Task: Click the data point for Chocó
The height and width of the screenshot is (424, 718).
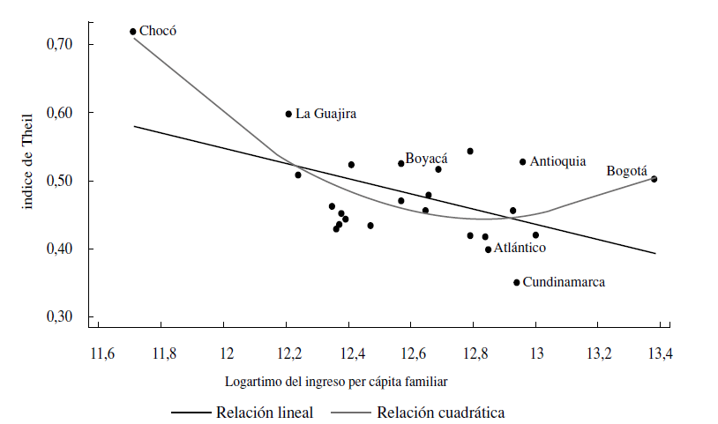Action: click(x=133, y=32)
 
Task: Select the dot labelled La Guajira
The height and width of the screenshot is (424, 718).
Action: click(x=288, y=114)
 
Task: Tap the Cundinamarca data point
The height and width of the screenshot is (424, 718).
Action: click(x=517, y=282)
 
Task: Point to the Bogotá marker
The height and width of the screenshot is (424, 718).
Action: click(x=654, y=179)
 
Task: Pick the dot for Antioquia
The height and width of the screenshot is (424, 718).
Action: click(x=522, y=161)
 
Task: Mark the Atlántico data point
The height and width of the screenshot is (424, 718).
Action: click(x=488, y=249)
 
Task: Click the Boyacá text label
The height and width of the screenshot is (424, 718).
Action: click(x=426, y=159)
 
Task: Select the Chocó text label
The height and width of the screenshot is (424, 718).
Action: click(x=158, y=31)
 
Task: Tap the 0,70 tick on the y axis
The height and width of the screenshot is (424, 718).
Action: click(x=69, y=44)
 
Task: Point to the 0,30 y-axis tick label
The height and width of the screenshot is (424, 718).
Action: click(x=69, y=317)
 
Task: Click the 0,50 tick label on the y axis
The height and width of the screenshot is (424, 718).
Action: click(x=69, y=181)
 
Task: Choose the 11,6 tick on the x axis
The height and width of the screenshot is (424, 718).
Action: click(x=102, y=354)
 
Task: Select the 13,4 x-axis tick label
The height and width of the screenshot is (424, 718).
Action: click(x=660, y=354)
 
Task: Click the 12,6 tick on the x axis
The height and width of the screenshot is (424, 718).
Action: click(x=412, y=354)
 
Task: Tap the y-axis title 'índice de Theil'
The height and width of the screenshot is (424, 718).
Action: click(x=29, y=160)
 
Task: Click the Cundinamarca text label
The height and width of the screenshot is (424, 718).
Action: click(x=565, y=283)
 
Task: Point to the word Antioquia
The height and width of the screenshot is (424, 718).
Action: click(x=557, y=161)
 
